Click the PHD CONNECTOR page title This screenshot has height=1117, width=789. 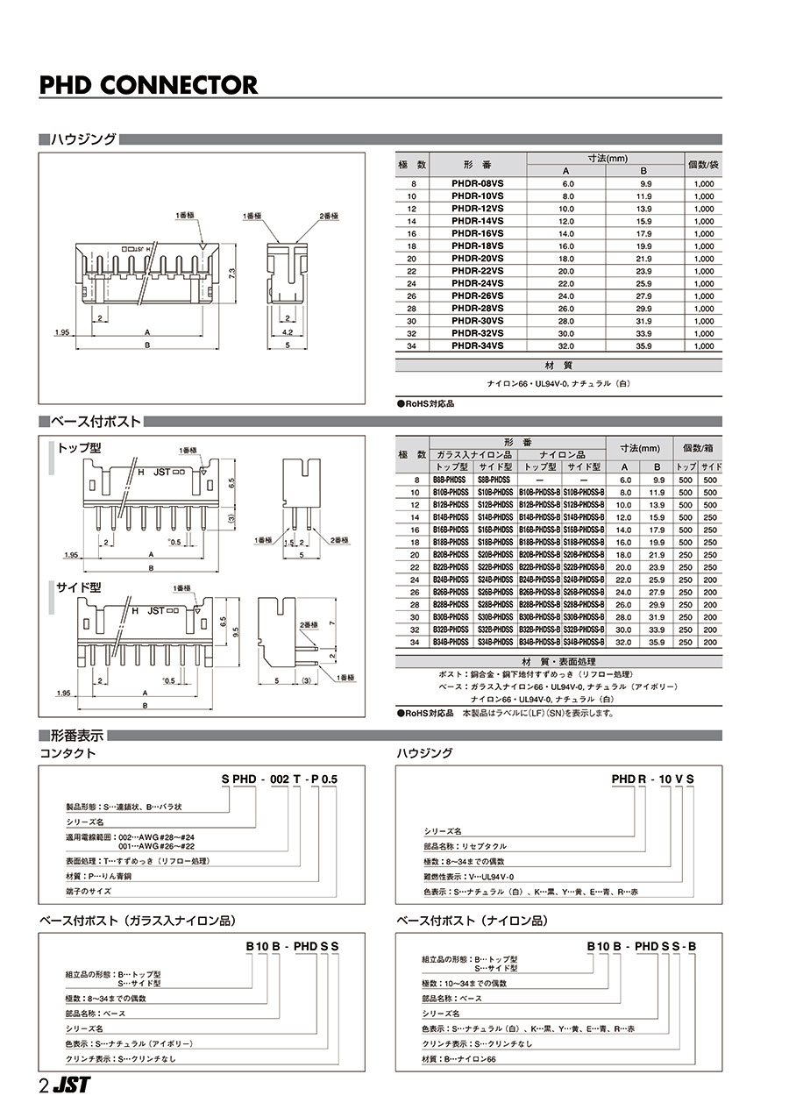pos(149,85)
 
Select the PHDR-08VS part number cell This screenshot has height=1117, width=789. pos(477,184)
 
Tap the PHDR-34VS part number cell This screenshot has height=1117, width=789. pos(477,345)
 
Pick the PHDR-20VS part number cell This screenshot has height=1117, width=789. pos(477,259)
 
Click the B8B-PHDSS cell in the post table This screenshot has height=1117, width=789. pos(452,480)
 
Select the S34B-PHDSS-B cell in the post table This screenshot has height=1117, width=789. pos(583,641)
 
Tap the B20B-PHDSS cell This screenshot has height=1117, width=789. pos(452,555)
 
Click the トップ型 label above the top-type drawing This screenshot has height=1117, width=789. pos(79,447)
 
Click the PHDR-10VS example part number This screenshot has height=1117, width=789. pos(654,778)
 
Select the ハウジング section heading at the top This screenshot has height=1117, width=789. pos(83,139)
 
